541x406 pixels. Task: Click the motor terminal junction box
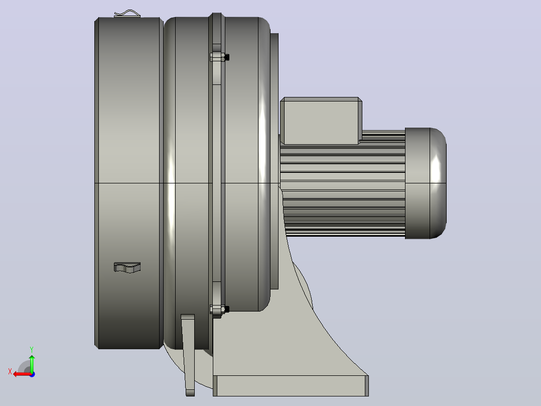[x=321, y=121]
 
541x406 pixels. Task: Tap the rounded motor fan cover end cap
[x=438, y=183]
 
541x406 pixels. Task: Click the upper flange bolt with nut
[x=219, y=57]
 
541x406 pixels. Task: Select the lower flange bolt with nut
[x=219, y=309]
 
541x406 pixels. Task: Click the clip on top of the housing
[x=127, y=14]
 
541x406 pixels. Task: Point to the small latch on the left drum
[x=127, y=267]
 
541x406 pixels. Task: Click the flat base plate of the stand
[x=291, y=385]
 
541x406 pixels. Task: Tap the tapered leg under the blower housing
[x=188, y=355]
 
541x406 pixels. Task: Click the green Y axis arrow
[x=32, y=363]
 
